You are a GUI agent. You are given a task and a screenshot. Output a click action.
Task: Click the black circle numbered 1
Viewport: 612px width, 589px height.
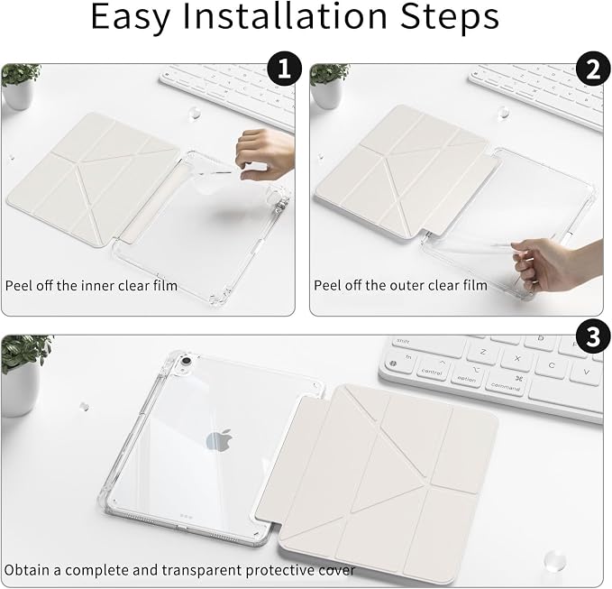point(284,69)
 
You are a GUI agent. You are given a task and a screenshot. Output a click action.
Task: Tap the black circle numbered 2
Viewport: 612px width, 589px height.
point(593,69)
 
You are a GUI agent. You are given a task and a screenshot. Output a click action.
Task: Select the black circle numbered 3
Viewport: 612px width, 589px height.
point(593,336)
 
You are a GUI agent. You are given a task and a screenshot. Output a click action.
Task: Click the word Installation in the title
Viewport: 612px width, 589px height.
point(285,16)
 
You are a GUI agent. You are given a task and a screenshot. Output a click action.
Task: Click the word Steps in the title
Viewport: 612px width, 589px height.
point(450,18)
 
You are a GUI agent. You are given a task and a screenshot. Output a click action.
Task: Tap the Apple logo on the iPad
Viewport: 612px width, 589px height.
point(219,440)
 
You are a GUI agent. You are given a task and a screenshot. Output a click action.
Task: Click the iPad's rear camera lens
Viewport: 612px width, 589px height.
point(187,361)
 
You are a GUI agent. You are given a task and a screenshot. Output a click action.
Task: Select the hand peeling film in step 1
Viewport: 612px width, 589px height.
point(265,154)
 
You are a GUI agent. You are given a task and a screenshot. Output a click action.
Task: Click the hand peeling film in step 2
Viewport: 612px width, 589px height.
point(557,264)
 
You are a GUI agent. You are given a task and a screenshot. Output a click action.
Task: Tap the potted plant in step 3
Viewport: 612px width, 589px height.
point(23,375)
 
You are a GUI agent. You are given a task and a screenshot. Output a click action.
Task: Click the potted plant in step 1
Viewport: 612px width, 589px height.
point(20,87)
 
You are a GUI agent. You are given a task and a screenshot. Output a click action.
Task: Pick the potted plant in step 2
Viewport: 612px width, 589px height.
point(329,86)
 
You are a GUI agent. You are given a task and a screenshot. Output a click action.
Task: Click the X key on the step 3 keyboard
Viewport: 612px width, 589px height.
point(517,358)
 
